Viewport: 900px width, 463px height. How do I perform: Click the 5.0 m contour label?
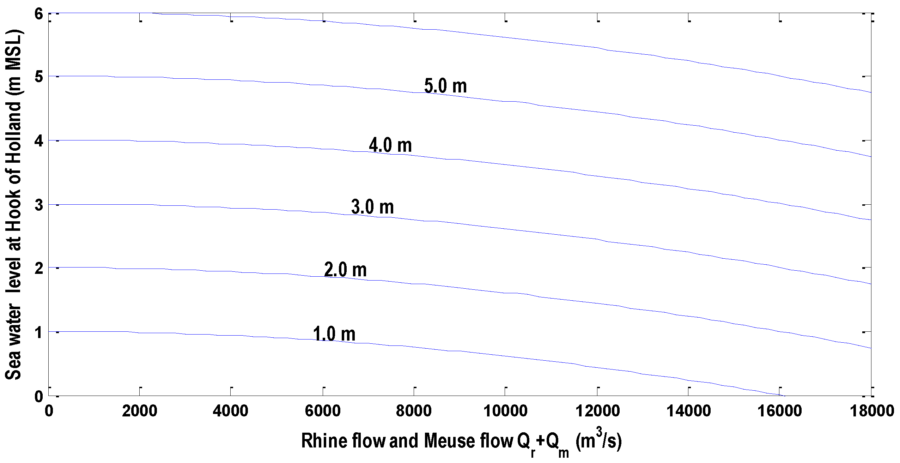pyautogui.click(x=445, y=86)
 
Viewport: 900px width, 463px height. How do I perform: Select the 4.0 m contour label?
pyautogui.click(x=390, y=145)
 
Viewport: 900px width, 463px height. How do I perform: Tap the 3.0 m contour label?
pyautogui.click(x=372, y=207)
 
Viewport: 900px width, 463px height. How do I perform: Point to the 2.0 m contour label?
pyautogui.click(x=345, y=270)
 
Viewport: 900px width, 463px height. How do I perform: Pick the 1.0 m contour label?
pyautogui.click(x=334, y=334)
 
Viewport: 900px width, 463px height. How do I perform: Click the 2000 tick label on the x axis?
pyautogui.click(x=140, y=411)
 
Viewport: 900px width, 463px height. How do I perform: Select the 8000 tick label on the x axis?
pyautogui.click(x=414, y=411)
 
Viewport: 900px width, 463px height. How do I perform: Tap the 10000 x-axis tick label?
pyautogui.click(x=505, y=411)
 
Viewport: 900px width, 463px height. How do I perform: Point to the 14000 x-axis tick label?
pyautogui.click(x=688, y=411)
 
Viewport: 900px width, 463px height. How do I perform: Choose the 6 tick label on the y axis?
pyautogui.click(x=38, y=14)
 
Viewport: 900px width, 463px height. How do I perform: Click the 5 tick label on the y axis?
pyautogui.click(x=38, y=77)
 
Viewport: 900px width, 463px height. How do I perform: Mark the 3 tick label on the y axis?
pyautogui.click(x=38, y=205)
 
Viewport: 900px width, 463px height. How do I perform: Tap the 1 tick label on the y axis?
pyautogui.click(x=38, y=332)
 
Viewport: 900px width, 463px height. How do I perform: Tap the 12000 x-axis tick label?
pyautogui.click(x=597, y=411)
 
